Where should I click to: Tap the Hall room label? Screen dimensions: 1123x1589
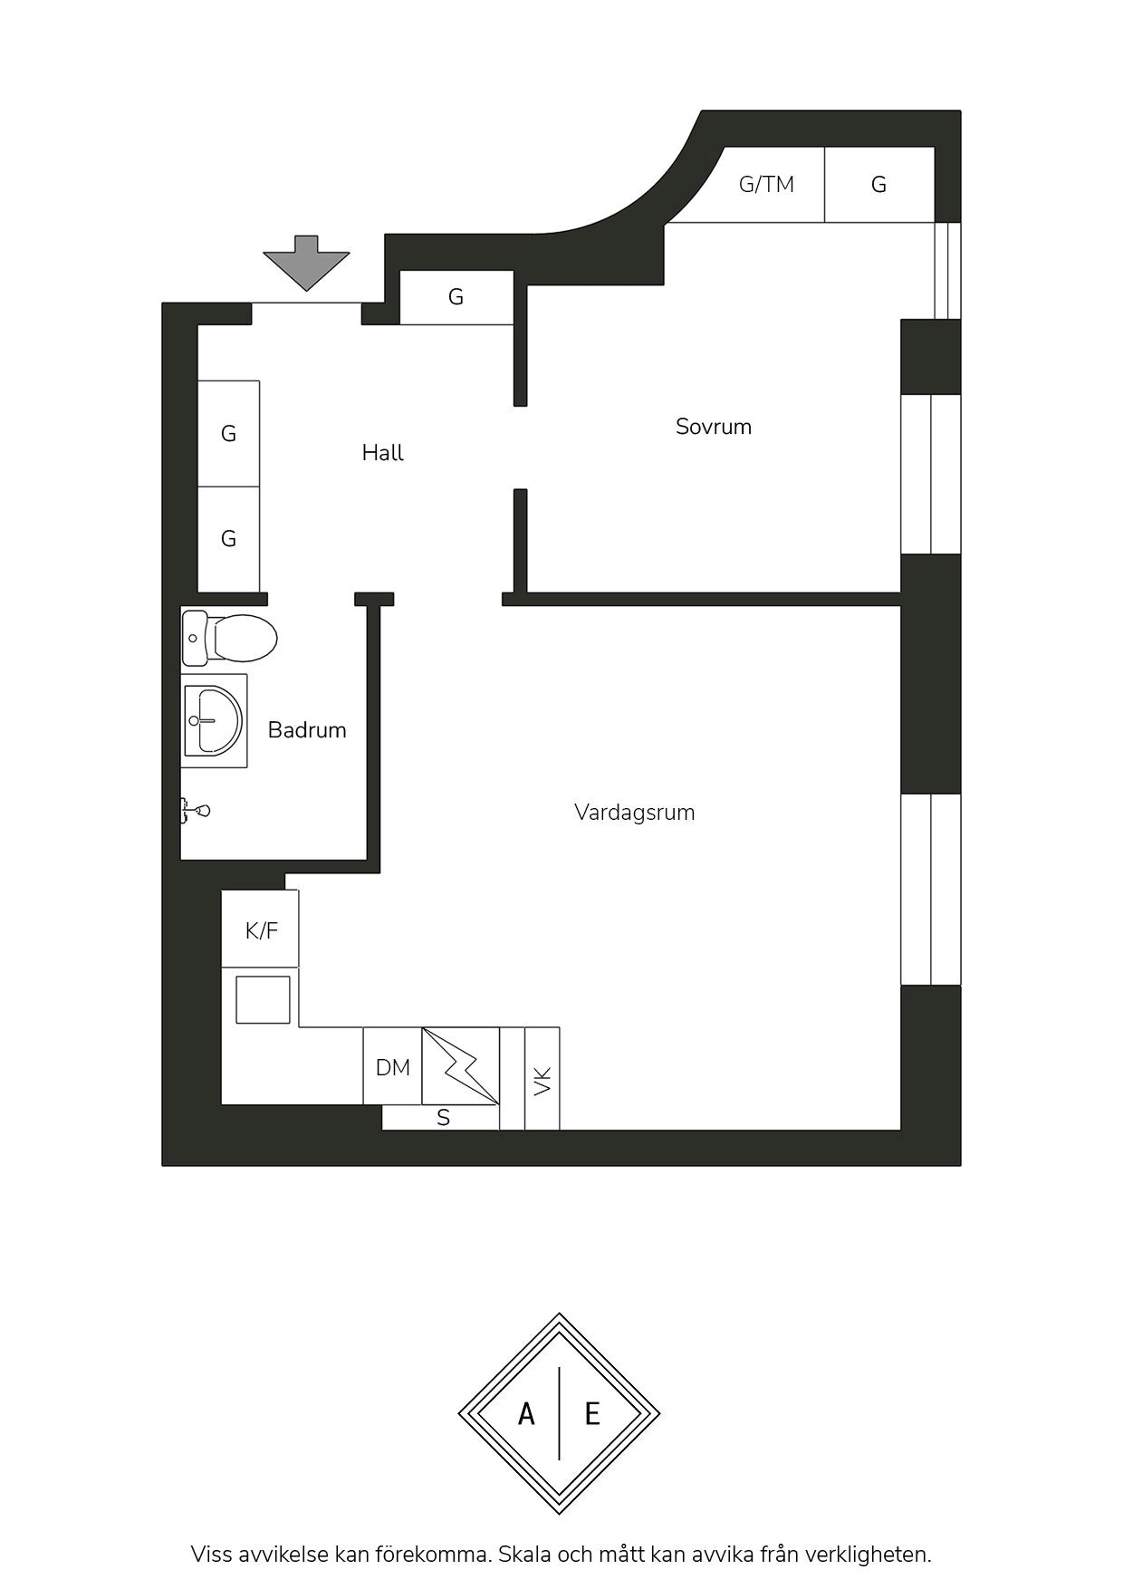pyautogui.click(x=382, y=453)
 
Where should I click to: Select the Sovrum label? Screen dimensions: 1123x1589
pyautogui.click(x=714, y=427)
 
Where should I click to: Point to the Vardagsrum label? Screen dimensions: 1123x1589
pyautogui.click(x=635, y=813)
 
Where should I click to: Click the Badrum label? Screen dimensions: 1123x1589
pyautogui.click(x=307, y=730)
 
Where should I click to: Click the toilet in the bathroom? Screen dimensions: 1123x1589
pyautogui.click(x=229, y=638)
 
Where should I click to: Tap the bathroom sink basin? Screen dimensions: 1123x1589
pyautogui.click(x=214, y=721)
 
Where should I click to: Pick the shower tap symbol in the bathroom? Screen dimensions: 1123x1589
pyautogui.click(x=196, y=810)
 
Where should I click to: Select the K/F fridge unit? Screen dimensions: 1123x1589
pyautogui.click(x=261, y=929)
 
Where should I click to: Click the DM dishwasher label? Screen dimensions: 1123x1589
pyautogui.click(x=393, y=1068)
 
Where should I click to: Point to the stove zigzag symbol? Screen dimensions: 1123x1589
pyautogui.click(x=461, y=1065)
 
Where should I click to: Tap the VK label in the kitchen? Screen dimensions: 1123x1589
pyautogui.click(x=542, y=1081)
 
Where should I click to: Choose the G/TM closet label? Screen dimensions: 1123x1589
pyautogui.click(x=766, y=185)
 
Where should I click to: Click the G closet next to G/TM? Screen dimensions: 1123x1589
pyautogui.click(x=878, y=185)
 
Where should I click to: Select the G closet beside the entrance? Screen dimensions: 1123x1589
pyautogui.click(x=456, y=297)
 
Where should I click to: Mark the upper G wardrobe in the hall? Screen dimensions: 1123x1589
pyautogui.click(x=229, y=434)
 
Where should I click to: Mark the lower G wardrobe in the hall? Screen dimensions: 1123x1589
pyautogui.click(x=229, y=539)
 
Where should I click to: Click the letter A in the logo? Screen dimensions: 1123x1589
pyautogui.click(x=526, y=1413)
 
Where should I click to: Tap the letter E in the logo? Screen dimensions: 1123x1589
pyautogui.click(x=592, y=1413)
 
